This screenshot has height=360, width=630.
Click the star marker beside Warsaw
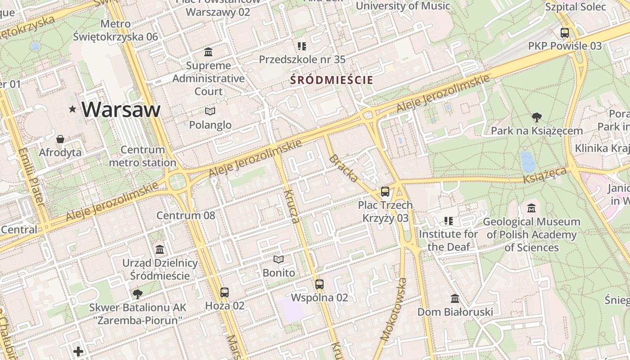tap(72, 109)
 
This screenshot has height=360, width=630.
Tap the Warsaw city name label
tap(121, 109)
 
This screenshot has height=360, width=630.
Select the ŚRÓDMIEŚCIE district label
tap(332, 80)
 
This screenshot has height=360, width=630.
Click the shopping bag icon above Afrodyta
tap(60, 139)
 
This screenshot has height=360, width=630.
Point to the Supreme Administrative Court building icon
tap(208, 52)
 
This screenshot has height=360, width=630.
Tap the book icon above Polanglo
tap(210, 111)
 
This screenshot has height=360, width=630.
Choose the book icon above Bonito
tap(279, 259)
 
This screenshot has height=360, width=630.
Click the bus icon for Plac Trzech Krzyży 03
tap(385, 192)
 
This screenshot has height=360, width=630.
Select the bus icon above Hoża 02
tap(225, 292)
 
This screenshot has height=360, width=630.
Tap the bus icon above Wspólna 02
tap(319, 284)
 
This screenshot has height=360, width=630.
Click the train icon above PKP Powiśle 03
tap(564, 32)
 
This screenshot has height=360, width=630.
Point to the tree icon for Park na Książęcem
tap(536, 117)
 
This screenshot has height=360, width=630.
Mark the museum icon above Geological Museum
tap(531, 208)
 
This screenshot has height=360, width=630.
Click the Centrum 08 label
tap(185, 215)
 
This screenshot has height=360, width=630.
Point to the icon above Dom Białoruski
tap(455, 298)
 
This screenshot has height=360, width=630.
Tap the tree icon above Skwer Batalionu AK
tap(137, 294)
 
